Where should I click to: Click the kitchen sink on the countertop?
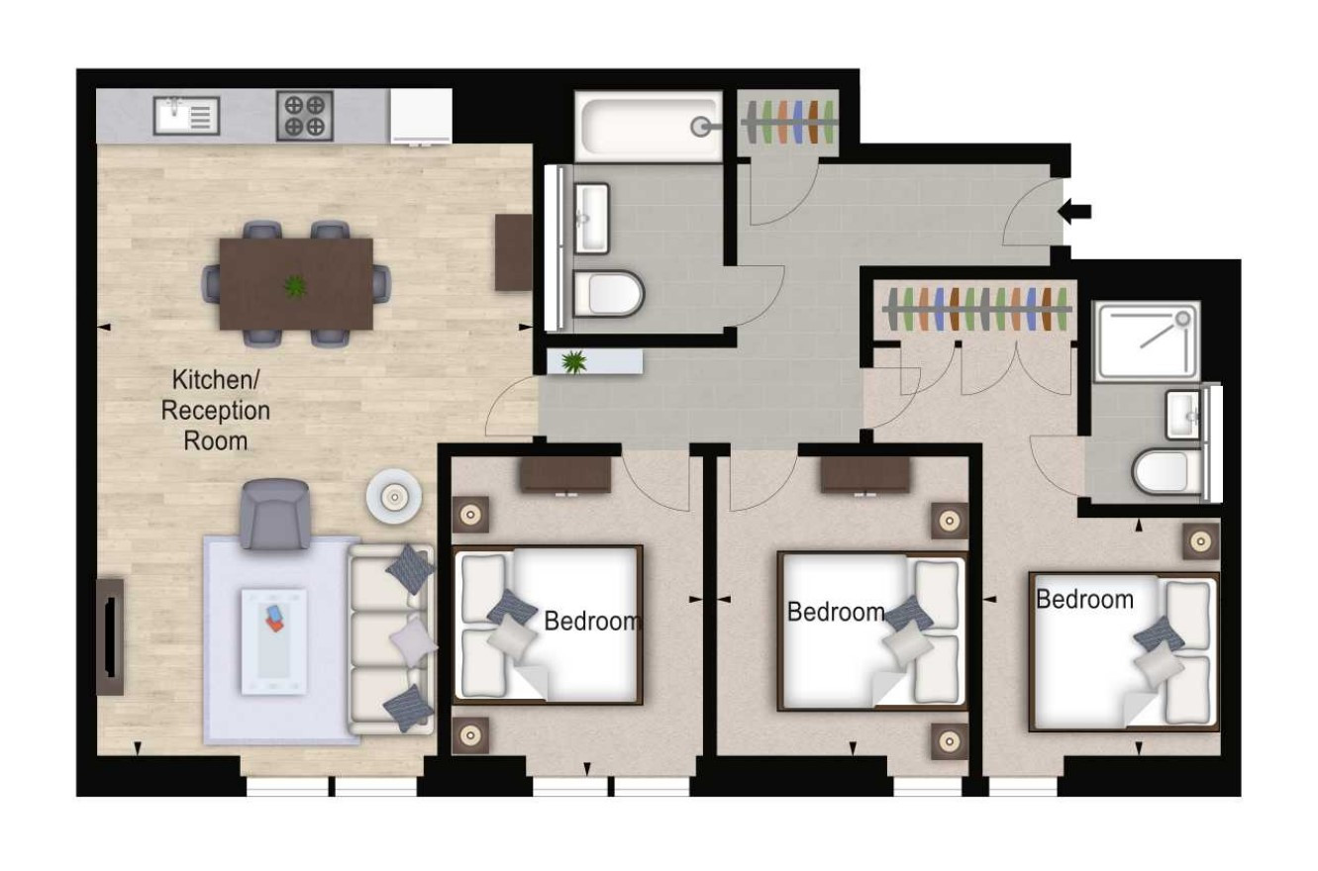point(186,116)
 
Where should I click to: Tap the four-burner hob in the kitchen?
point(305,115)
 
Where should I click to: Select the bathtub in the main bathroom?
point(649,126)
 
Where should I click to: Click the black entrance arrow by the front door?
point(1074,211)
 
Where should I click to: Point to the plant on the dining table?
point(295,286)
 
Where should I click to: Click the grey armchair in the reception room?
point(274,515)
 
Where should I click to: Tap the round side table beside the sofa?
point(394,497)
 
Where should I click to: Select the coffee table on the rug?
point(274,641)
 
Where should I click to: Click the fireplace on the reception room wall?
point(110,637)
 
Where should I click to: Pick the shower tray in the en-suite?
point(1147,341)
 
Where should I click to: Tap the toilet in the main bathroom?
point(608,294)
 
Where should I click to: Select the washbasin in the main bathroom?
point(591,219)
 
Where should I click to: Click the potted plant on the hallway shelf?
point(573,362)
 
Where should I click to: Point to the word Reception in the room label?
point(215,411)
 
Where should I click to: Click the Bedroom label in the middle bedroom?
point(836,613)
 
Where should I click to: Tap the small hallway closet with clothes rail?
point(788,123)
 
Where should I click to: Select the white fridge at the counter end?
point(421,116)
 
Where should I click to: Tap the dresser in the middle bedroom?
point(865,475)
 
